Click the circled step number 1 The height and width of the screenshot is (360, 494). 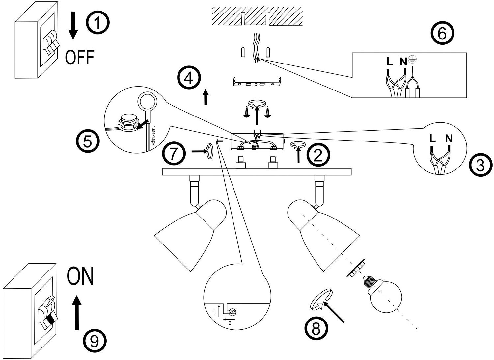[97, 22]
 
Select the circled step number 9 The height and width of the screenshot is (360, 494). [95, 341]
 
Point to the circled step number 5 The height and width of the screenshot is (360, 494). [88, 141]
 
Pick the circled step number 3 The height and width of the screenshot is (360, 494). [480, 166]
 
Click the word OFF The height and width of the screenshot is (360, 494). [80, 57]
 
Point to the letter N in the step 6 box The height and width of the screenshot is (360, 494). [403, 62]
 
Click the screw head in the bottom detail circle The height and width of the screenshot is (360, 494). [233, 312]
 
